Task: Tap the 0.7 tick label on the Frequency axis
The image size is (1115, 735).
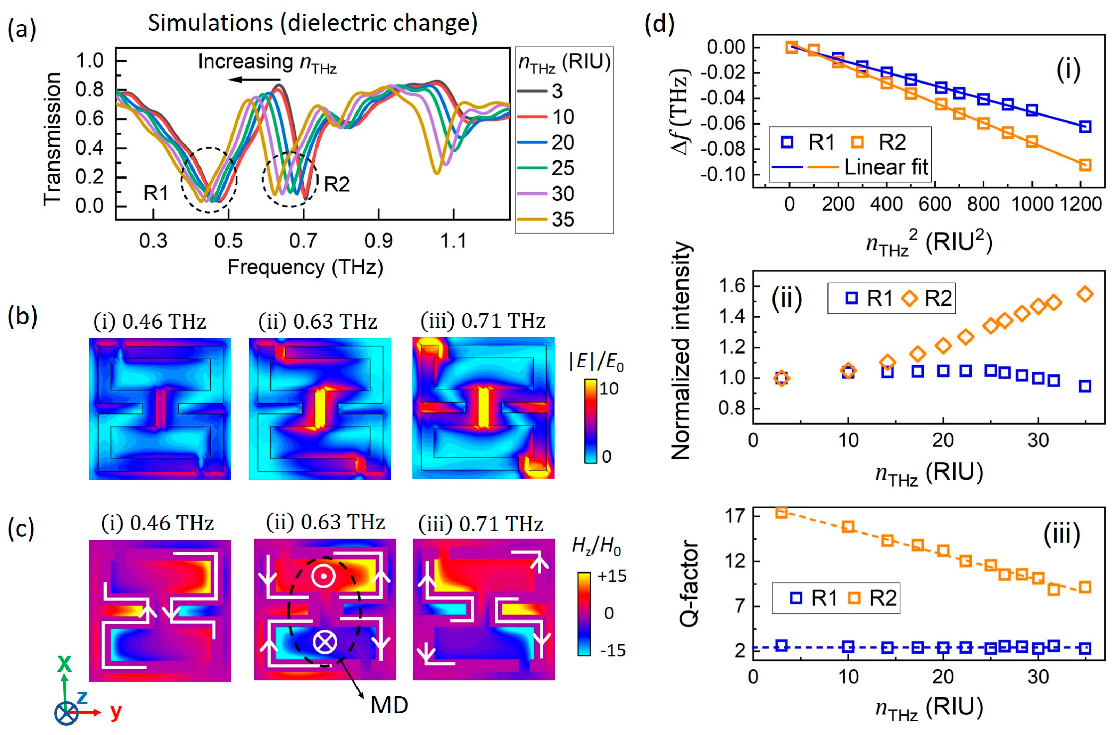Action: point(303,241)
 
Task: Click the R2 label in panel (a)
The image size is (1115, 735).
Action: point(337,184)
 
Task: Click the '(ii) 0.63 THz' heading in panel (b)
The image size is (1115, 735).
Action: point(317,322)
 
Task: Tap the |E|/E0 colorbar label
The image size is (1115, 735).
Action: point(596,361)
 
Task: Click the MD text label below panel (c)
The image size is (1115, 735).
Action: point(389,705)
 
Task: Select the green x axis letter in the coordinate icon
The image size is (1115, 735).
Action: point(64,664)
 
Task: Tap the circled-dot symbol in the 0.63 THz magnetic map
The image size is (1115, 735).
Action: point(323,577)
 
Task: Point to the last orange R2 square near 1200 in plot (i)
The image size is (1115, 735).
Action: point(1085,165)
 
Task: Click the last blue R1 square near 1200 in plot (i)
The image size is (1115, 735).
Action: point(1085,127)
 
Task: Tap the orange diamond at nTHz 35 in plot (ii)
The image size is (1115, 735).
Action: point(1085,294)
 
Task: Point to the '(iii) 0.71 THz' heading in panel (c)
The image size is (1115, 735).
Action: point(481,524)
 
